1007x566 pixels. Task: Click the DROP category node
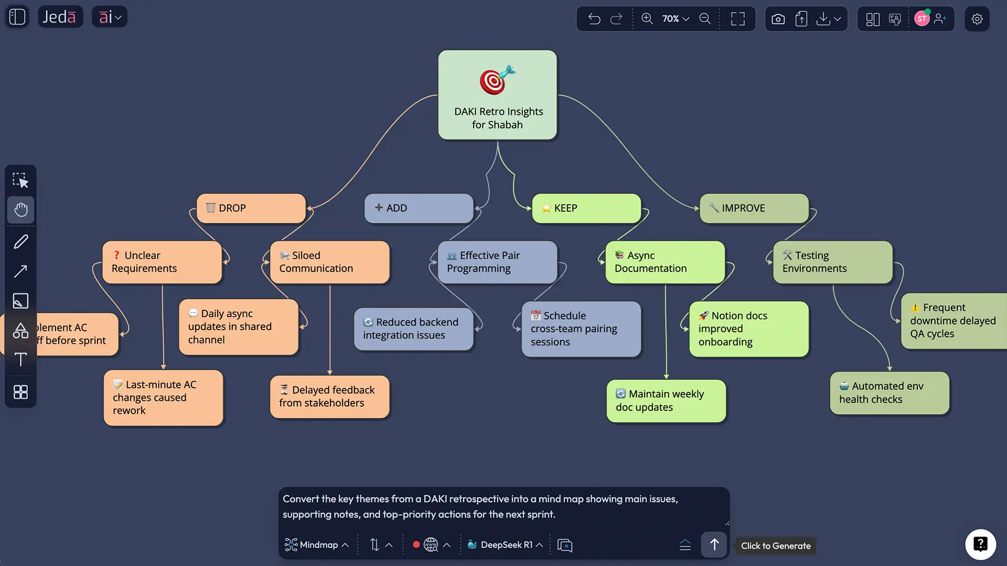(251, 208)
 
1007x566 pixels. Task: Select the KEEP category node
(586, 208)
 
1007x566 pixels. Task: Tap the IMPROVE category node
(754, 208)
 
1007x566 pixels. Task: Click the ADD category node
(419, 208)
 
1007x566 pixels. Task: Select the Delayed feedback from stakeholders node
(329, 397)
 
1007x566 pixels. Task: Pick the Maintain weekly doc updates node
(666, 401)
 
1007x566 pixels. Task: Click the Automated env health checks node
(889, 393)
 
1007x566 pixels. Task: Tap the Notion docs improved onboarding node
(748, 329)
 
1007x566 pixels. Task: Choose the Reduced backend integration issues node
(413, 329)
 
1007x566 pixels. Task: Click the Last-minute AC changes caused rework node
(163, 398)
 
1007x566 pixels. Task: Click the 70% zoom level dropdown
(676, 19)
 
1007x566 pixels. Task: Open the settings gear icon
(977, 19)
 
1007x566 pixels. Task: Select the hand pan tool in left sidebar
(21, 210)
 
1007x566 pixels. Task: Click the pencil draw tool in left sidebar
(21, 242)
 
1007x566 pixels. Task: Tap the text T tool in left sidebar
(21, 360)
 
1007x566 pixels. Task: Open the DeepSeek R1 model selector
(505, 545)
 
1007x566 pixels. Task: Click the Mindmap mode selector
(317, 545)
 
